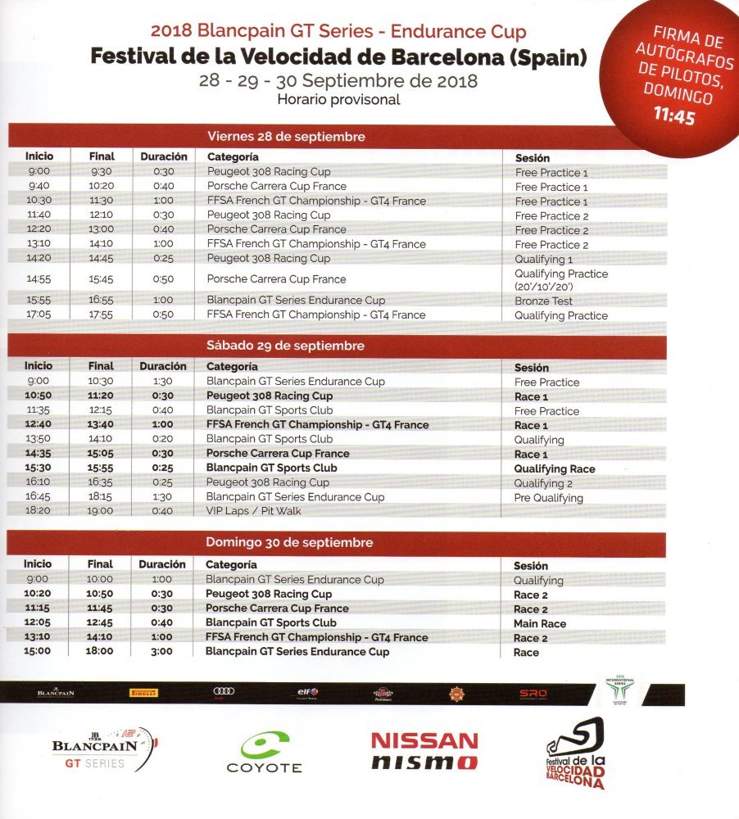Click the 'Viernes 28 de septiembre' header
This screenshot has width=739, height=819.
coord(286,137)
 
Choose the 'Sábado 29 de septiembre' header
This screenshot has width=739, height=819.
coord(285,346)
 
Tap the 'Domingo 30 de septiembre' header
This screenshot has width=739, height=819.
coord(289,542)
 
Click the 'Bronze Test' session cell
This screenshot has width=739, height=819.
coord(543,301)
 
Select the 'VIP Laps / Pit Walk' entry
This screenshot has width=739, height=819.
coord(253,511)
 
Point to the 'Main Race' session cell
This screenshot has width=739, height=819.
coord(539,623)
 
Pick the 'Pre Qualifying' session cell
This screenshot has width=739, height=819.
coord(548,497)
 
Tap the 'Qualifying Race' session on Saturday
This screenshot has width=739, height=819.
coord(554,468)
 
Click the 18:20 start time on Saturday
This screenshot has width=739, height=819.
coord(38,511)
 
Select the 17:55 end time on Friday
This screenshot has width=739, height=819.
coord(101,314)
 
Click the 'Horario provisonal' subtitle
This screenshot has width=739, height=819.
coord(338,100)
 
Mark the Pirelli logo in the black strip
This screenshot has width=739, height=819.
coord(143,693)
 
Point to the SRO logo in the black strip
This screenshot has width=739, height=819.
coord(533,694)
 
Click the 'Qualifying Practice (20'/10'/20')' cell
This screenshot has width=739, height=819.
coord(560,280)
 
